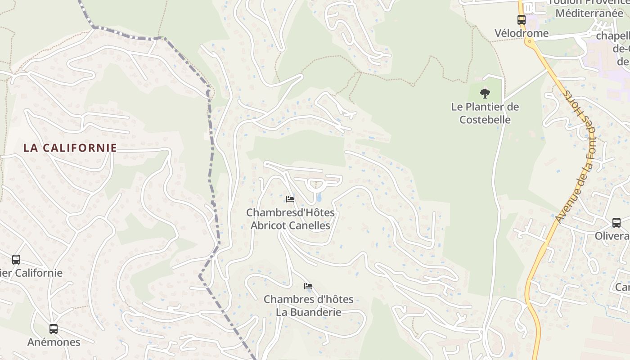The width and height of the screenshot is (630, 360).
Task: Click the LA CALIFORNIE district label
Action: tap(70, 148)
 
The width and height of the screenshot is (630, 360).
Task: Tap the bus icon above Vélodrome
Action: tap(521, 20)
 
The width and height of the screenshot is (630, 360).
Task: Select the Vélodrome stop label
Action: tap(521, 33)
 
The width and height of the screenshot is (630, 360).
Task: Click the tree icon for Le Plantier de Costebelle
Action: tap(485, 94)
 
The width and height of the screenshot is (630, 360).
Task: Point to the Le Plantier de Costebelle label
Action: tap(485, 113)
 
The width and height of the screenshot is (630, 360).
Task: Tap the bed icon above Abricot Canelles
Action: tap(290, 199)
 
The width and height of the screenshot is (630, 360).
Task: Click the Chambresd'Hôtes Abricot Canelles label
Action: tap(290, 219)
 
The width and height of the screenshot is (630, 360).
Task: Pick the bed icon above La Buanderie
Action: tap(308, 286)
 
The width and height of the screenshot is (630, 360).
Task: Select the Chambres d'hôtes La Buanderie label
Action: tap(308, 306)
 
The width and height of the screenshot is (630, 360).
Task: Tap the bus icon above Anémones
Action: tap(54, 329)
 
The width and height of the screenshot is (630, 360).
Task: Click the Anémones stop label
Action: tap(54, 342)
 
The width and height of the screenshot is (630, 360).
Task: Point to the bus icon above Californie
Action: tap(16, 260)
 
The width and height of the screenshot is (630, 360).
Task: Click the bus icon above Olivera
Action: tap(616, 222)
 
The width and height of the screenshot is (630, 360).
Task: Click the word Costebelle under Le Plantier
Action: tap(485, 120)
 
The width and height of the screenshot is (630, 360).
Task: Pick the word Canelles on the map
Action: tap(310, 225)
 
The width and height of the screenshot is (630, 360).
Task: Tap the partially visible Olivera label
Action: tap(612, 236)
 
